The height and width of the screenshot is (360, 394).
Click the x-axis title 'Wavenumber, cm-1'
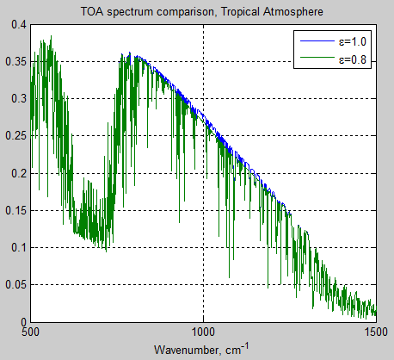point(204,351)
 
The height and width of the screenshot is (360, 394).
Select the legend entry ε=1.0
point(353,40)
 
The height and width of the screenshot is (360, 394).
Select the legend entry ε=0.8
point(353,59)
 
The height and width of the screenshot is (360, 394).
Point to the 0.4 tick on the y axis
point(18,24)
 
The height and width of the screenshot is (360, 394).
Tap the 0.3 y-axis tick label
point(18,98)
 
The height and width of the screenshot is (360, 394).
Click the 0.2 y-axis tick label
point(18,173)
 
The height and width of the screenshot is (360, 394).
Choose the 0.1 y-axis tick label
point(18,247)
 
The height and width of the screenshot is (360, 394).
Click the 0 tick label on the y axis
point(23,322)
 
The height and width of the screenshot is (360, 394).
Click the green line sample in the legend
point(316,59)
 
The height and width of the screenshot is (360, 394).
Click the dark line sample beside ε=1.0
point(316,40)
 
